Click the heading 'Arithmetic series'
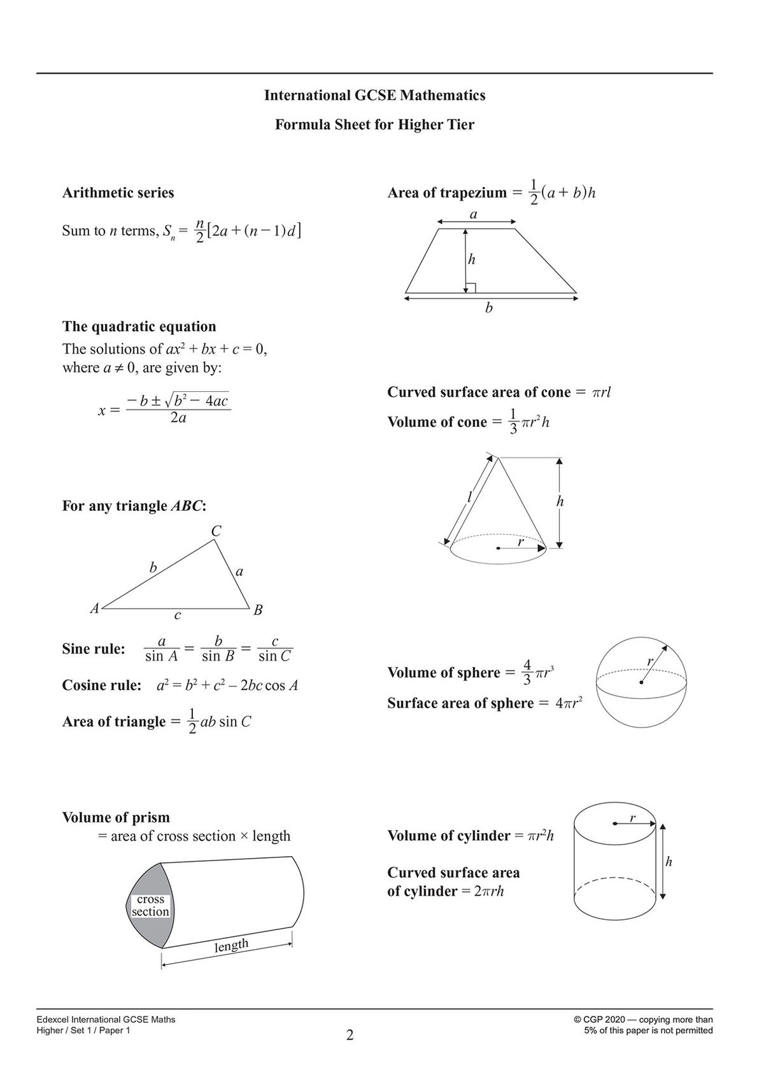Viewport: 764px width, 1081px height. click(x=118, y=193)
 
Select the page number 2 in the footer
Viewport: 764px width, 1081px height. click(x=350, y=1035)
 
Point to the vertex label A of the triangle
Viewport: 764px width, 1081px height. click(x=94, y=608)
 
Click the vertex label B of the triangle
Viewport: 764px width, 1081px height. click(x=258, y=610)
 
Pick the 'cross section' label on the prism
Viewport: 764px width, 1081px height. click(x=150, y=905)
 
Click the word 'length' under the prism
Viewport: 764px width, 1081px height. click(x=231, y=945)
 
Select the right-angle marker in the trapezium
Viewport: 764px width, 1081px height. click(x=470, y=288)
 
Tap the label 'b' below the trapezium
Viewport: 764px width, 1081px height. click(x=489, y=308)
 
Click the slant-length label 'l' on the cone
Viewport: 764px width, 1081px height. click(x=469, y=498)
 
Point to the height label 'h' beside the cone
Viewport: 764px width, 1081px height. click(x=560, y=502)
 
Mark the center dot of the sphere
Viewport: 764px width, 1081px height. click(x=641, y=683)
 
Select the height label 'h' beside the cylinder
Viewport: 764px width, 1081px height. click(x=668, y=862)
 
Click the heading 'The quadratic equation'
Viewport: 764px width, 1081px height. click(x=139, y=327)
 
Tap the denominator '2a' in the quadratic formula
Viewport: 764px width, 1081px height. click(x=178, y=419)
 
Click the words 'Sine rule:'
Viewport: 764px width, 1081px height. click(x=94, y=649)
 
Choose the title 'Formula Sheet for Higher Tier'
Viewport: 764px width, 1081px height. click(x=374, y=125)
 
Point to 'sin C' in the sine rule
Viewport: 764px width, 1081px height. click(x=275, y=656)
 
